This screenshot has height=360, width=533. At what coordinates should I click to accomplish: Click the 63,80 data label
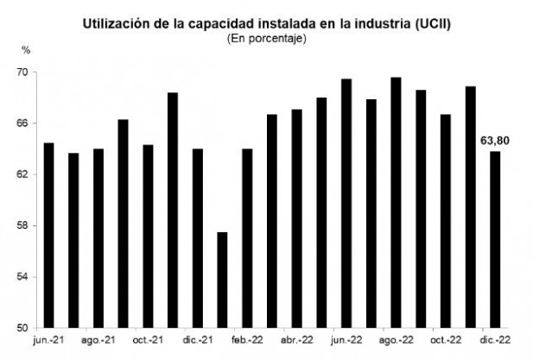pyautogui.click(x=494, y=139)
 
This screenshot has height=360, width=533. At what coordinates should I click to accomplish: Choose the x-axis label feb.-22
pyautogui.click(x=247, y=341)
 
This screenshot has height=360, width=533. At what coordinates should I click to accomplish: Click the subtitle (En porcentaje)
pyautogui.click(x=267, y=38)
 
